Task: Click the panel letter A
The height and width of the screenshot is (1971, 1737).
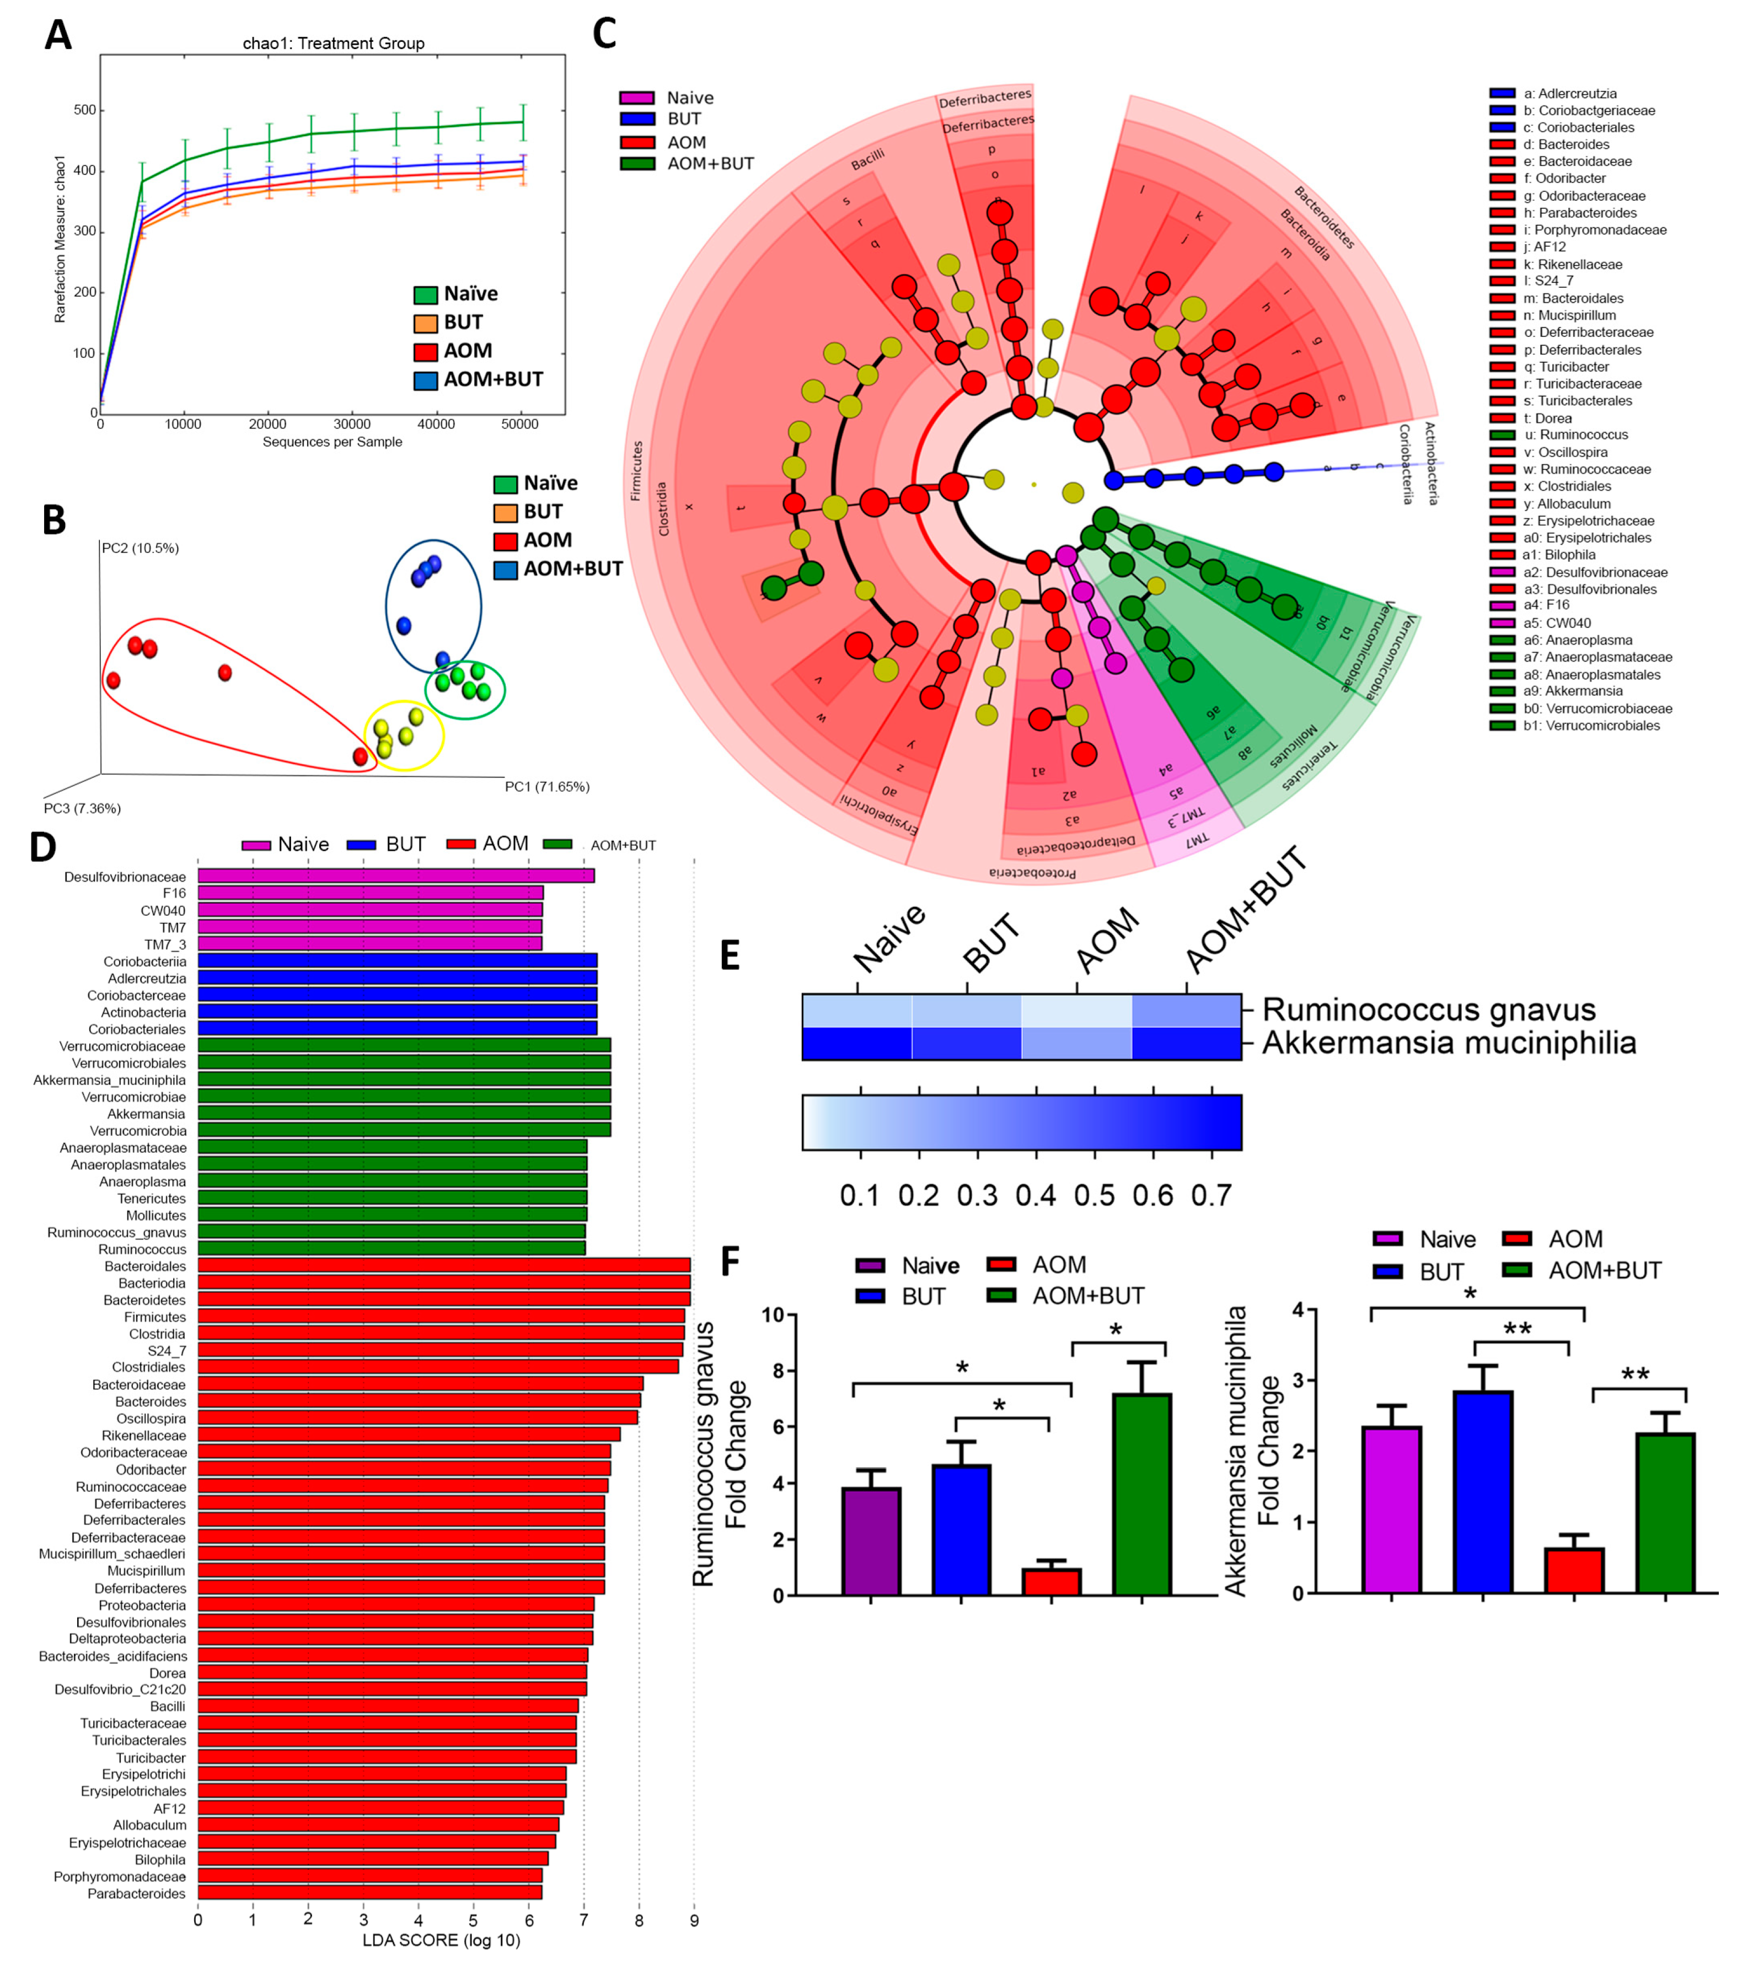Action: [x=58, y=36]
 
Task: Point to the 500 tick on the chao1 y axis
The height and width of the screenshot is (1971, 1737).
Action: [x=85, y=110]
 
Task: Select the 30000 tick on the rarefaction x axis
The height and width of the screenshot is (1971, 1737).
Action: [x=352, y=425]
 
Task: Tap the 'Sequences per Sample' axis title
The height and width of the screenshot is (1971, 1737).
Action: [x=332, y=442]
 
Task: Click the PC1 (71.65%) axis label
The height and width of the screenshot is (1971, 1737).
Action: [x=547, y=787]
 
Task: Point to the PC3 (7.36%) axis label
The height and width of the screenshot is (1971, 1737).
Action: [x=82, y=808]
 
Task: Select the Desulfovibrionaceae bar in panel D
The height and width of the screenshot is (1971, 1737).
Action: [x=395, y=876]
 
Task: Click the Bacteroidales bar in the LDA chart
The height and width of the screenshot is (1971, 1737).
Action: [x=444, y=1265]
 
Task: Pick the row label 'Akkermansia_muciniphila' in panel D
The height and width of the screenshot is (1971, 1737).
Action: [x=109, y=1080]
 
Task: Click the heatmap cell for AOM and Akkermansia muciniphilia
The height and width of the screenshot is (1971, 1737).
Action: [x=1076, y=1043]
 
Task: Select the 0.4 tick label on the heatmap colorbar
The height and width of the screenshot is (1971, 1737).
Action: [x=1036, y=1196]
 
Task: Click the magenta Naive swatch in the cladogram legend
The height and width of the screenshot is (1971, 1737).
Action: [x=636, y=98]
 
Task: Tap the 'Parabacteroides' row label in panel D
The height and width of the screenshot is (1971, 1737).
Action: [x=136, y=1893]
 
